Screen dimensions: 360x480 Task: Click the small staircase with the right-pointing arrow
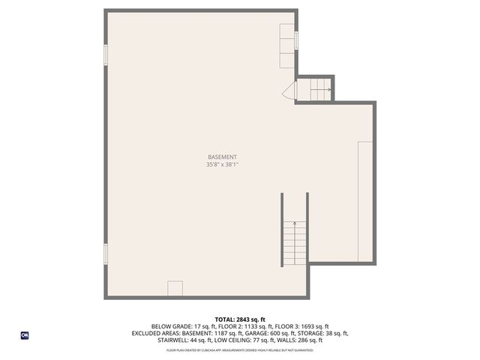tap(314, 90)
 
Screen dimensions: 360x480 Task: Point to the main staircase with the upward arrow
tap(295, 241)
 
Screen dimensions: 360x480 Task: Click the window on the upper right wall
tap(297, 40)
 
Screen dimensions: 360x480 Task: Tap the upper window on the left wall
tap(106, 55)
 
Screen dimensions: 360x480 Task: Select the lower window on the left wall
tap(106, 253)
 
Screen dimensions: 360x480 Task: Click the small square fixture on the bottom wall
tap(175, 289)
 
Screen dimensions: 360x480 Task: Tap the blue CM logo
tap(24, 335)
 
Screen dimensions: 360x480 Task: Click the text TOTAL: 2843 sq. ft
tap(240, 319)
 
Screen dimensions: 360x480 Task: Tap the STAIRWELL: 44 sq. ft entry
tap(186, 340)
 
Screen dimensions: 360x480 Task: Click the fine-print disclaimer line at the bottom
tap(240, 349)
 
